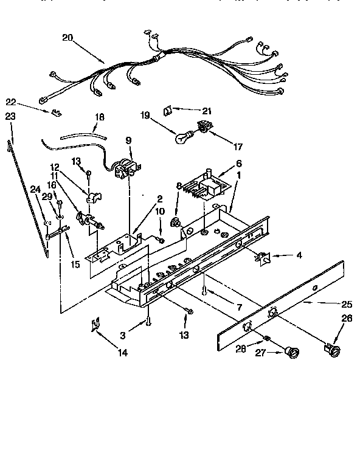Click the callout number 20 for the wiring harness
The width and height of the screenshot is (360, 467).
click(67, 37)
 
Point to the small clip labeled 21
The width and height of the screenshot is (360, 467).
click(168, 110)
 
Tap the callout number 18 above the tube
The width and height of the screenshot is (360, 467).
click(100, 117)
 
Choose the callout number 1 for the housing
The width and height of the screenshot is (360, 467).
click(238, 174)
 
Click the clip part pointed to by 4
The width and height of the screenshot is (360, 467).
click(263, 258)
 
